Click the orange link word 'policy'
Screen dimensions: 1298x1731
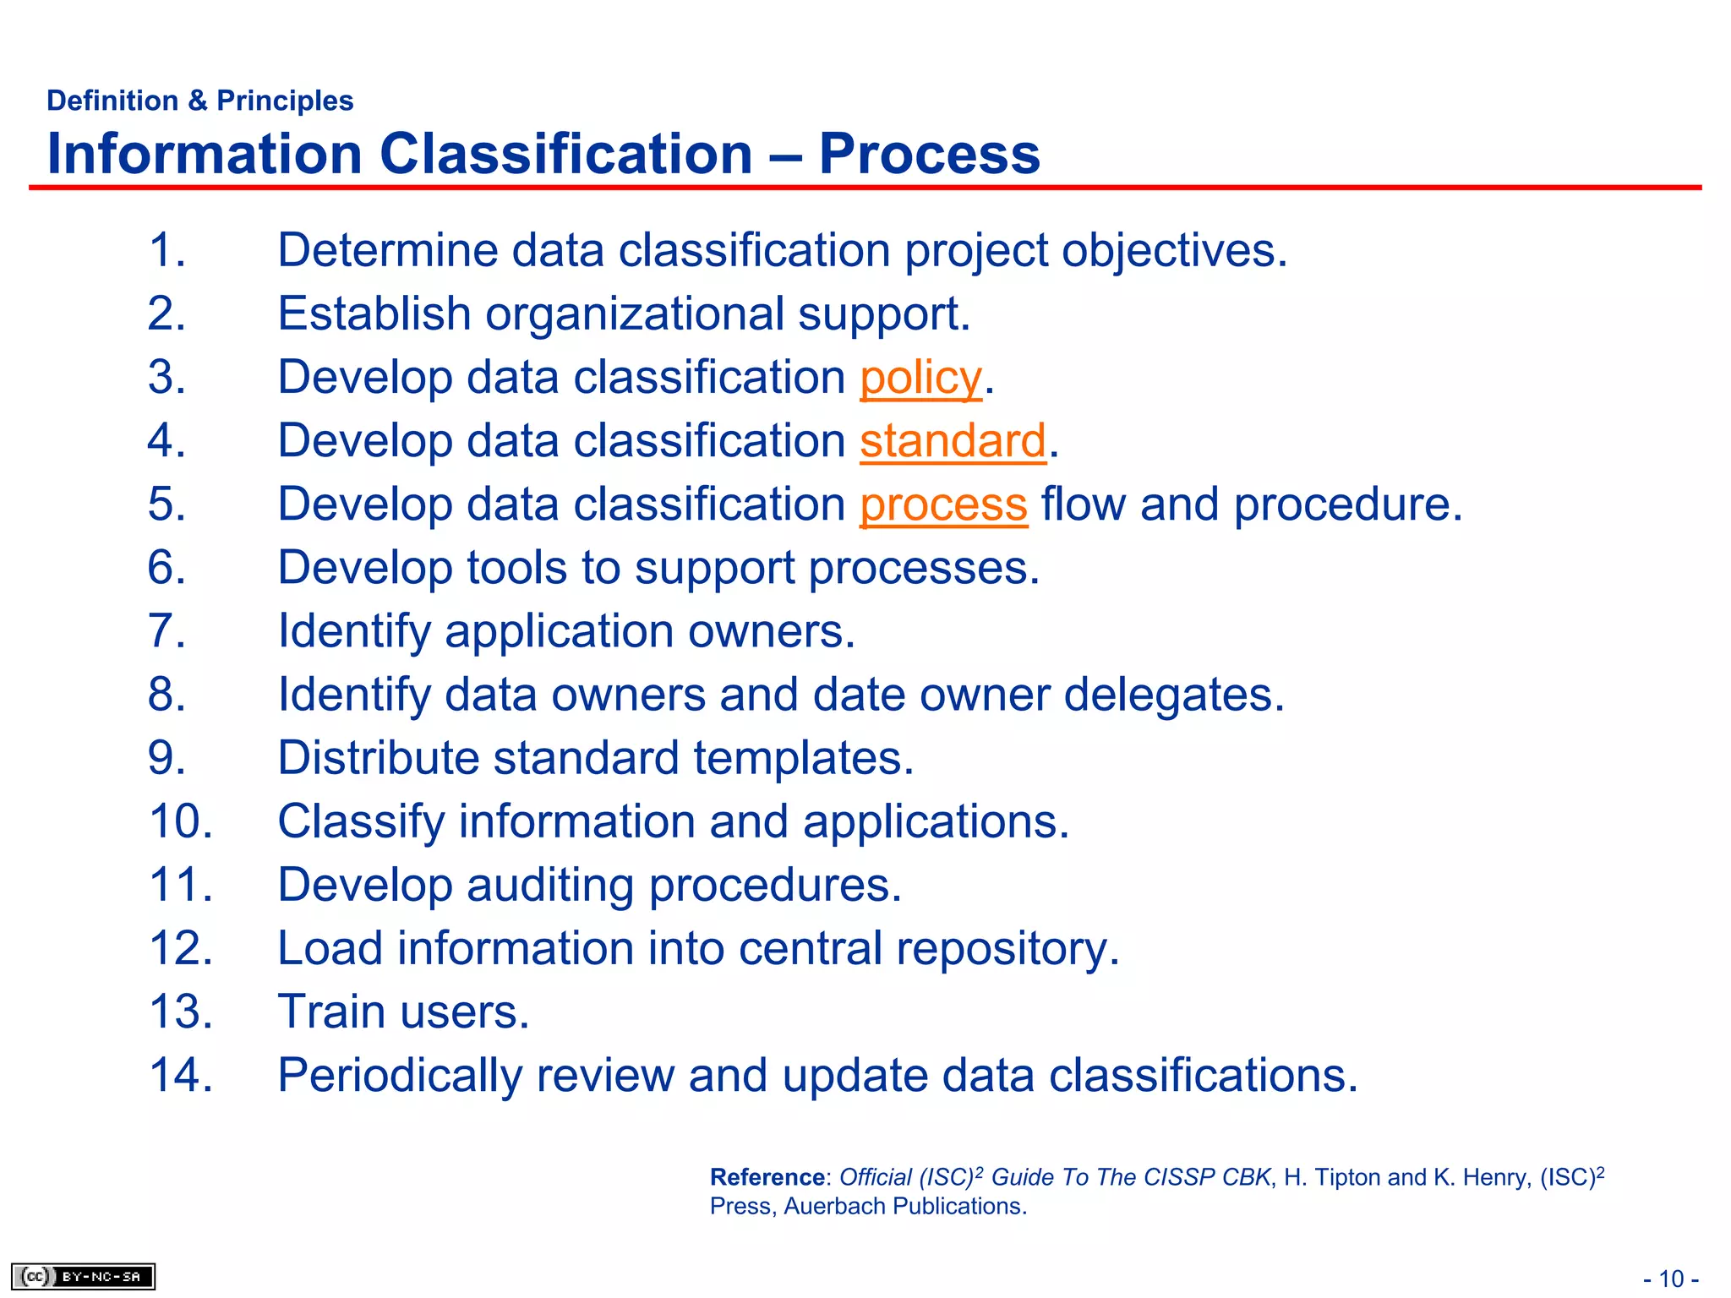coord(920,378)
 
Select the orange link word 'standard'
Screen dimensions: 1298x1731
coord(953,441)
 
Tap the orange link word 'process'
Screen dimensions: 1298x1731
coord(943,504)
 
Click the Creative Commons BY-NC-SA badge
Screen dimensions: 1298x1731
coord(83,1276)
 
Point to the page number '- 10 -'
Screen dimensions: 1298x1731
coord(1670,1279)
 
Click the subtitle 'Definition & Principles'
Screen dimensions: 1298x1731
coord(199,101)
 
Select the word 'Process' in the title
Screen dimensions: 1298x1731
coord(929,154)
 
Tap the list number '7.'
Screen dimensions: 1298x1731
coord(167,631)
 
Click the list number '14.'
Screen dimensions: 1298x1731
coord(181,1076)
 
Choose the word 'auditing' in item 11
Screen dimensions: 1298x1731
coord(550,886)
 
